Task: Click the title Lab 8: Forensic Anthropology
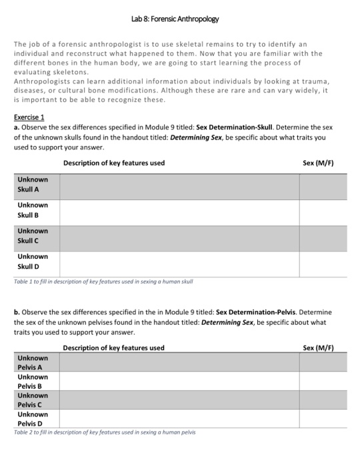pyautogui.click(x=179, y=18)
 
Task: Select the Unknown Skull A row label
pyautogui.click(x=33, y=184)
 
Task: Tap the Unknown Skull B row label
pyautogui.click(x=33, y=209)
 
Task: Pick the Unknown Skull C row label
pyautogui.click(x=33, y=236)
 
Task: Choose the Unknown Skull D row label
pyautogui.click(x=33, y=261)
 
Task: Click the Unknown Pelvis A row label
pyautogui.click(x=33, y=362)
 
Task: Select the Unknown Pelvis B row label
pyautogui.click(x=33, y=381)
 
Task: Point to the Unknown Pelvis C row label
pyautogui.click(x=33, y=400)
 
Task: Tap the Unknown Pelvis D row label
pyautogui.click(x=33, y=418)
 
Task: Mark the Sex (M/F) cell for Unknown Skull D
pyautogui.click(x=323, y=263)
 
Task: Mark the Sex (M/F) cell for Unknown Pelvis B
pyautogui.click(x=323, y=381)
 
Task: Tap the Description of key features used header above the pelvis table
pyautogui.click(x=113, y=348)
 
